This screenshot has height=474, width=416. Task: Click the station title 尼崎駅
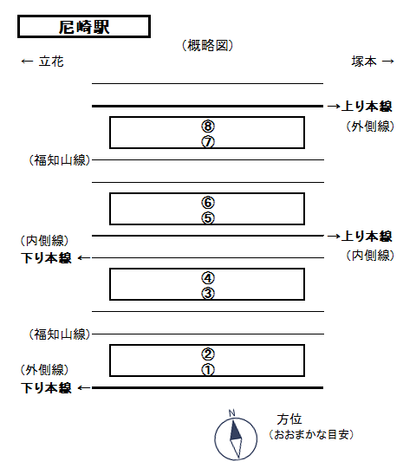click(84, 27)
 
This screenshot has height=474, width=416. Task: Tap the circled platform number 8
click(208, 126)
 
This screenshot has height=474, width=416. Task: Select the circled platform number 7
click(208, 141)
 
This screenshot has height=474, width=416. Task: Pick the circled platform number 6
click(208, 203)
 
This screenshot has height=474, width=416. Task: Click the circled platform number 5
click(208, 218)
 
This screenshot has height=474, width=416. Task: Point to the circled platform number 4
click(208, 278)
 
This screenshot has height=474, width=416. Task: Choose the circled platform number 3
click(208, 293)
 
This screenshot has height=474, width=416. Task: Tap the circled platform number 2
click(208, 354)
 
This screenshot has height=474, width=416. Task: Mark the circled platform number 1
click(208, 369)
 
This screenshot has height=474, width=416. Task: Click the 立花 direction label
click(51, 62)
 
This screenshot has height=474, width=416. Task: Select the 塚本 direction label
click(364, 62)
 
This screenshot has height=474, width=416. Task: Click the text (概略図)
click(207, 46)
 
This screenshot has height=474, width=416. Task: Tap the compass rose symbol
click(236, 438)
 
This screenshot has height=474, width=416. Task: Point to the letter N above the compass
click(232, 413)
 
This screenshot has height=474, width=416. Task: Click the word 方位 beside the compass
click(289, 419)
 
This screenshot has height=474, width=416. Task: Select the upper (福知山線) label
click(60, 160)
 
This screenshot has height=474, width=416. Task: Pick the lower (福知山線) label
click(60, 334)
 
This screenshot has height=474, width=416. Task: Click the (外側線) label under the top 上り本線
click(370, 127)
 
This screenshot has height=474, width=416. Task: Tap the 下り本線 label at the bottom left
click(46, 388)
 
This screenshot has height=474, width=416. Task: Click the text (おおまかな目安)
click(311, 435)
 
